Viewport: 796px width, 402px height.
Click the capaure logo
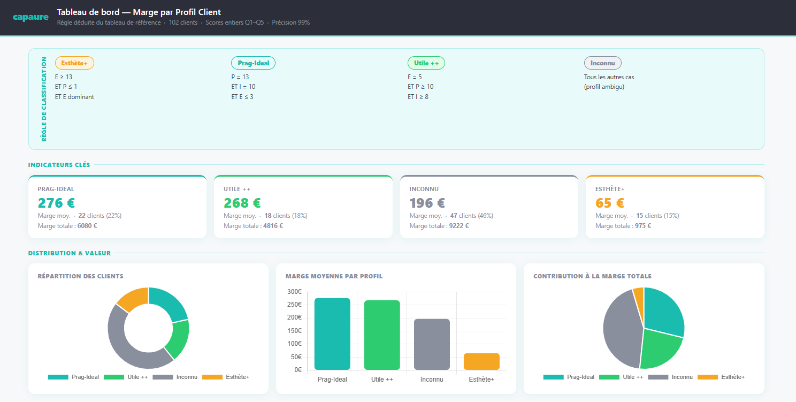(x=30, y=17)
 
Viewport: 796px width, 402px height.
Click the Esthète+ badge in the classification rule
(x=74, y=63)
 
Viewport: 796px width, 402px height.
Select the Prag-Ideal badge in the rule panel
(x=253, y=63)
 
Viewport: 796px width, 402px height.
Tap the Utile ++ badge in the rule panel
(x=426, y=63)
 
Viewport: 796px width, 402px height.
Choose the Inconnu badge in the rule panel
(x=602, y=63)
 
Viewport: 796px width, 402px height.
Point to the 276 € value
(x=56, y=203)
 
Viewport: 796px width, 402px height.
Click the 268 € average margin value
(x=242, y=203)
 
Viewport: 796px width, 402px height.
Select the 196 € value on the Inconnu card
(x=427, y=203)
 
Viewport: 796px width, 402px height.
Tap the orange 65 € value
(x=610, y=203)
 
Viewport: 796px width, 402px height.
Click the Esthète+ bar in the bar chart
(x=481, y=361)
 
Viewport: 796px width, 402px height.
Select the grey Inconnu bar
(x=432, y=344)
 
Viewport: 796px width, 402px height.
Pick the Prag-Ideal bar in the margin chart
(x=332, y=333)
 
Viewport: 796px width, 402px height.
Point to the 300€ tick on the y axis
(x=294, y=292)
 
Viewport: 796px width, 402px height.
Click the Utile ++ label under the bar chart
(x=382, y=380)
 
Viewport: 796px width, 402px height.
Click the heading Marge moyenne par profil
(x=334, y=276)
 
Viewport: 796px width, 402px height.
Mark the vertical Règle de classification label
(x=44, y=99)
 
